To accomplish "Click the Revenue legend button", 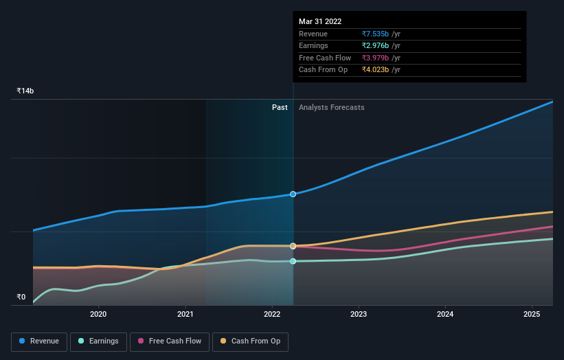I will click(x=39, y=341).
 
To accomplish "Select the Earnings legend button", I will click(x=98, y=341).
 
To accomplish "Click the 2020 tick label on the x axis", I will click(x=98, y=315).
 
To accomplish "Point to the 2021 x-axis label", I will click(x=185, y=315).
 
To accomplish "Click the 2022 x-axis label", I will click(x=272, y=315).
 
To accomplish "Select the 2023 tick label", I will click(x=359, y=315).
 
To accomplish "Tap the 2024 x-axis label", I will click(x=445, y=315).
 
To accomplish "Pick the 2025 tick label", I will click(x=532, y=315).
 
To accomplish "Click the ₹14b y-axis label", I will click(x=25, y=91).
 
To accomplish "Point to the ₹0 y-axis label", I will click(x=21, y=297).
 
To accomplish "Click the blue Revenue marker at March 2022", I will click(x=293, y=194).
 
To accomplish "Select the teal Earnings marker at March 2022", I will click(x=293, y=261).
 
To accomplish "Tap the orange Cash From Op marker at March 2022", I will click(x=293, y=246).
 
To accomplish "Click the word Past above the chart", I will click(x=280, y=107).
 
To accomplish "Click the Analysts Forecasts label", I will click(x=331, y=107).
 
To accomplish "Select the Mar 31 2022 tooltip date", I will click(x=320, y=22).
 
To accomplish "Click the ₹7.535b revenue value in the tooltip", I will click(x=376, y=34).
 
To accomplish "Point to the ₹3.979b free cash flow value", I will click(x=376, y=58).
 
